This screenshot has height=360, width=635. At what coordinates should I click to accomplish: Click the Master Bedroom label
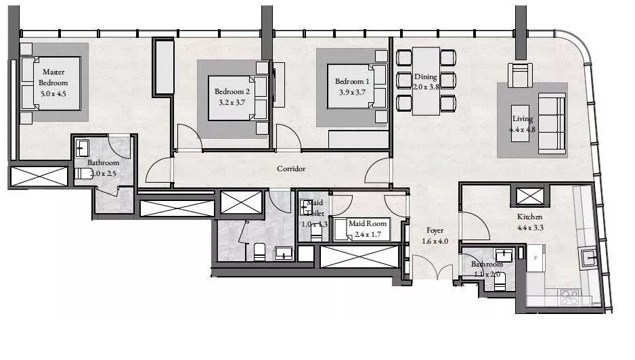click(x=53, y=77)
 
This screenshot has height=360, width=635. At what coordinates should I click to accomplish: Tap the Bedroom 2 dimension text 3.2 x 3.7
click(x=232, y=104)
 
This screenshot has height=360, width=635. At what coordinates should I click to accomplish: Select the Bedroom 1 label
click(x=351, y=82)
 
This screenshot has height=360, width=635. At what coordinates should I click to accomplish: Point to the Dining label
click(x=426, y=77)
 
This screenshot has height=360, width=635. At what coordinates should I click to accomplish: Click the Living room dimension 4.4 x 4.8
click(x=524, y=130)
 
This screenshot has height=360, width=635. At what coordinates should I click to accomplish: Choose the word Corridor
click(x=291, y=168)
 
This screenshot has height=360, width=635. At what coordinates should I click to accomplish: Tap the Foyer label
click(x=435, y=231)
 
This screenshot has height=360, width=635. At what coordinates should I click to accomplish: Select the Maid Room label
click(x=368, y=224)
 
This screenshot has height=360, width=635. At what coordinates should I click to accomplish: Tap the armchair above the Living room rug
click(x=521, y=75)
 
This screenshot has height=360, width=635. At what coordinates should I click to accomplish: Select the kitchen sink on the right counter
click(x=588, y=256)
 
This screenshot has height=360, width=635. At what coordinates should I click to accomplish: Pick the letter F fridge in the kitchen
click(x=537, y=257)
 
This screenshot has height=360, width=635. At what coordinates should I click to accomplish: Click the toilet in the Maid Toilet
click(x=316, y=231)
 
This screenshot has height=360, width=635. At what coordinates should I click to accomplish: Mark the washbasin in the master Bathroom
click(x=82, y=148)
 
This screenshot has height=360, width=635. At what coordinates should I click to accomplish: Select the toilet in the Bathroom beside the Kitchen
click(x=500, y=282)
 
